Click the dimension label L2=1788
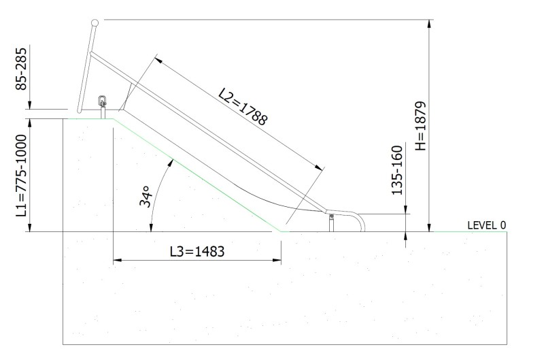[243, 106]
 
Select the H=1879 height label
[420, 126]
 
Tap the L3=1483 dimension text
[197, 251]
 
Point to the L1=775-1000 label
[22, 176]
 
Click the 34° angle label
[146, 196]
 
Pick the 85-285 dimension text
[21, 69]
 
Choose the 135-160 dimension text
[397, 170]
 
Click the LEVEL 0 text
[487, 225]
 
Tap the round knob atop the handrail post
[95, 23]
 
